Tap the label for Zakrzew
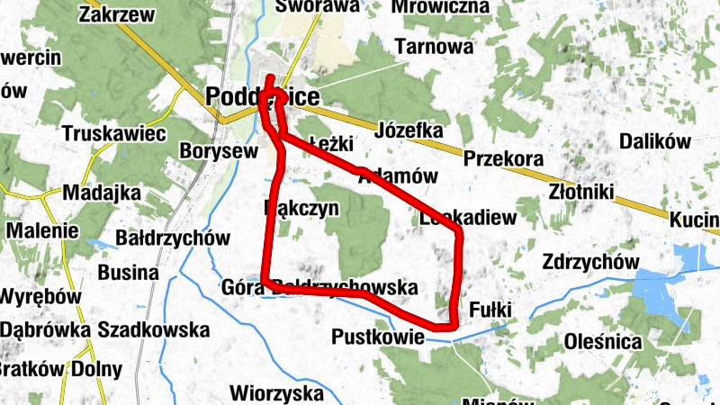click(x=115, y=14)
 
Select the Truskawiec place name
click(x=114, y=133)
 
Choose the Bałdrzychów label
click(x=174, y=238)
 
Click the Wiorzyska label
click(x=276, y=392)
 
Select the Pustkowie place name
click(x=377, y=337)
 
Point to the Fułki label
click(x=490, y=310)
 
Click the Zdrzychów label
click(x=585, y=261)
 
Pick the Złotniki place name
click(x=581, y=192)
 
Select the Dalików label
click(x=654, y=141)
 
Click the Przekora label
click(x=499, y=158)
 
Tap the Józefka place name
click(x=410, y=130)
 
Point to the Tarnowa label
click(x=434, y=46)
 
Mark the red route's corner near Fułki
click(x=451, y=325)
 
